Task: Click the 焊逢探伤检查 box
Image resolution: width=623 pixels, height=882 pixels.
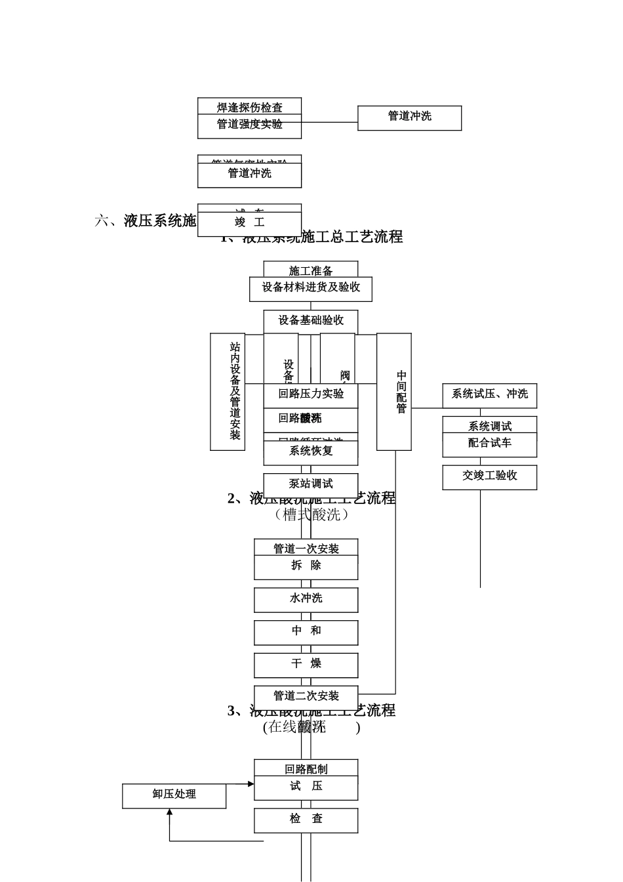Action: tap(249, 106)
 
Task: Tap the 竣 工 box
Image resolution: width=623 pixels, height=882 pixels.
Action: tap(249, 224)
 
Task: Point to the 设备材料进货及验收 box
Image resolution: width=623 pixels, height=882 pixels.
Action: tap(310, 289)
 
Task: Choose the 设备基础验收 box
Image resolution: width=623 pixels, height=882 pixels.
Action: tap(310, 321)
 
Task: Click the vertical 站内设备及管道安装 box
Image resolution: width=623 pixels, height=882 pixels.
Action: tap(228, 392)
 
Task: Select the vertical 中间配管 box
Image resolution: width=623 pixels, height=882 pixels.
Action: tap(394, 392)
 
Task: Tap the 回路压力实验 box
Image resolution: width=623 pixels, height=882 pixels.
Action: tap(310, 395)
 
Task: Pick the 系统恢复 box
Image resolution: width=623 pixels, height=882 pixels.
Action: tap(310, 452)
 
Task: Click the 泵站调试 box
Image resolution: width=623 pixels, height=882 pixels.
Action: tap(310, 485)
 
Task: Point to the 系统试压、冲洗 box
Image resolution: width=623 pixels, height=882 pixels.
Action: tap(489, 395)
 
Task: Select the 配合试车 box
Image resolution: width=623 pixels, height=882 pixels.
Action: tap(489, 444)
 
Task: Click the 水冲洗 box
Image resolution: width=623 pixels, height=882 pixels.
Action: tap(306, 599)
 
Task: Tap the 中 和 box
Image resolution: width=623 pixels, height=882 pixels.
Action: tap(306, 632)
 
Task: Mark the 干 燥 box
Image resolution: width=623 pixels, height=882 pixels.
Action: tap(306, 665)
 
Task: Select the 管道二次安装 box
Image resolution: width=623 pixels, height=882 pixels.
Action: tap(306, 697)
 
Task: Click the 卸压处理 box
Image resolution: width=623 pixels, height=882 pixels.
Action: tap(174, 795)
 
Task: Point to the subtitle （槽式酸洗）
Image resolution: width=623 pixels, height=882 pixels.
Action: tap(311, 514)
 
